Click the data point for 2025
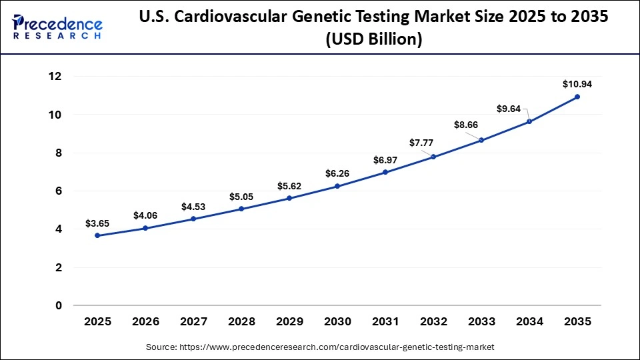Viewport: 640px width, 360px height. [x=98, y=235]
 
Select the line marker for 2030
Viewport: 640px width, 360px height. [x=337, y=186]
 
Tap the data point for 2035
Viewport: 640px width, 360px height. [x=577, y=97]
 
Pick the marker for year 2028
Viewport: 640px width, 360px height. [x=241, y=209]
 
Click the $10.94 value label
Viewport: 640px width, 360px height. [x=577, y=85]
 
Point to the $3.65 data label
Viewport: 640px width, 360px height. [x=98, y=223]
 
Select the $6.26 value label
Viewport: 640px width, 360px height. [x=337, y=173]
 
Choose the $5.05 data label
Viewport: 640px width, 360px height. [x=241, y=197]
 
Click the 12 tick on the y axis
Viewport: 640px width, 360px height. [x=55, y=77]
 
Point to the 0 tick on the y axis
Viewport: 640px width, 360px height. [x=59, y=306]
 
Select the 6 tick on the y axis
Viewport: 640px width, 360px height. [x=59, y=191]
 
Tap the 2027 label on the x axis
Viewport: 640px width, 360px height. [x=193, y=321]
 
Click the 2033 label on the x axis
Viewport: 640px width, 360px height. [x=481, y=321]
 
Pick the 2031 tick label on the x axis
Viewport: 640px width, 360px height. [x=385, y=321]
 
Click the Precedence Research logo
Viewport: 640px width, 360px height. [x=57, y=27]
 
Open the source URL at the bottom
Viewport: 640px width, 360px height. [x=320, y=347]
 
